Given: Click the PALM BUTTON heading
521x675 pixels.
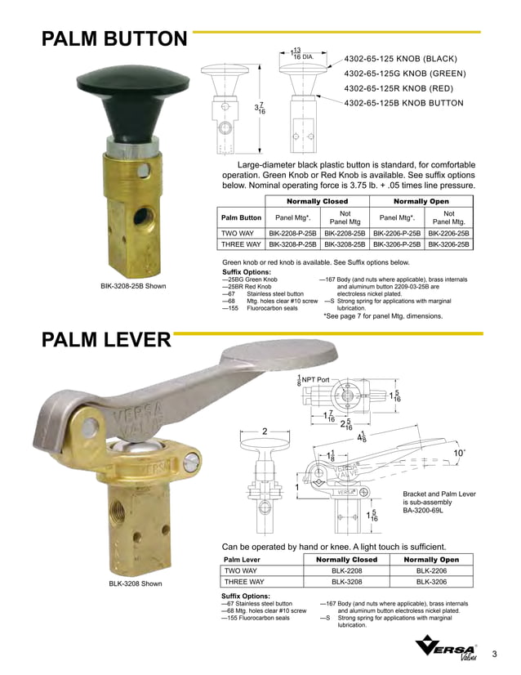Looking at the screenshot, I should (114, 40).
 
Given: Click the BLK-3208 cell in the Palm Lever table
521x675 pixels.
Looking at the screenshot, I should (346, 582).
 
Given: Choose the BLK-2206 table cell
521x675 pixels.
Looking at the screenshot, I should (433, 570).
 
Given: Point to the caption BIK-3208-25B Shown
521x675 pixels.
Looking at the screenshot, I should (133, 286).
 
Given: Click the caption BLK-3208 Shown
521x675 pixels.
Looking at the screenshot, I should (136, 583).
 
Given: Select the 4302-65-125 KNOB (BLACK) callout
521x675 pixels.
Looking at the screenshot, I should (401, 59).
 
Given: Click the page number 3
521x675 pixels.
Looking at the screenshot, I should (495, 653).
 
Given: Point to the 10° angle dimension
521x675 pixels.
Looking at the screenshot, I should (459, 451).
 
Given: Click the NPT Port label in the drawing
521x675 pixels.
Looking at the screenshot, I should (315, 380).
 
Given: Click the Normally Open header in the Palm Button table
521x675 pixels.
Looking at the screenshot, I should (424, 200).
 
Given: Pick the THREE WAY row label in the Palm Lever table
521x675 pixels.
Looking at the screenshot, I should (244, 582).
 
